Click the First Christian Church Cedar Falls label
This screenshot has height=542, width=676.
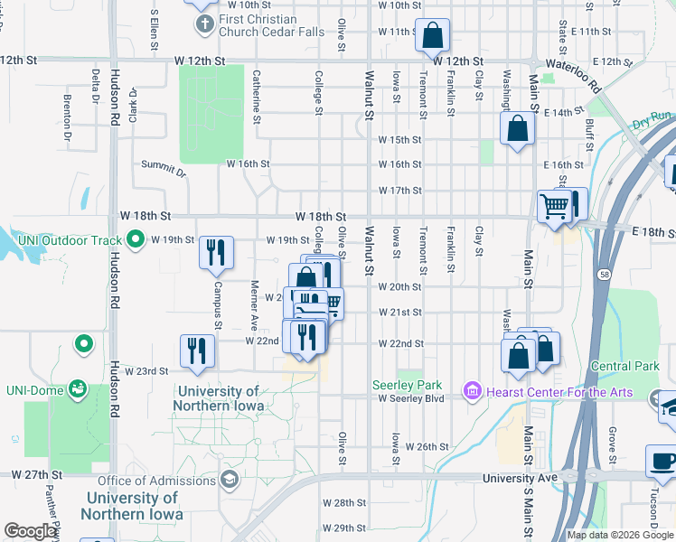257,26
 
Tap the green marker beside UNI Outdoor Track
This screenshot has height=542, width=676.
136,239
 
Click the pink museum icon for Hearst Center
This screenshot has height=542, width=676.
471,391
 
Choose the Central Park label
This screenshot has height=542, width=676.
624,366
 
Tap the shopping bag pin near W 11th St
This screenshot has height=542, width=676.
433,36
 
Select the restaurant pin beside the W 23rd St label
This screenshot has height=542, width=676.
197,351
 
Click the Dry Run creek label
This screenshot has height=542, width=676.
652,117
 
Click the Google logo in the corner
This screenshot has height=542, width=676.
30,531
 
